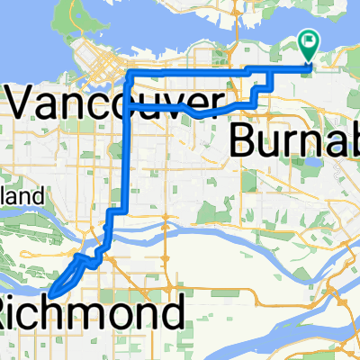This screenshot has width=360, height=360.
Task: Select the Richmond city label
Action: (x=94, y=315)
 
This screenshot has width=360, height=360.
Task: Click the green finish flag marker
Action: (x=309, y=40)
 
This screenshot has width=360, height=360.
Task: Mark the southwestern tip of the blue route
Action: (x=50, y=293)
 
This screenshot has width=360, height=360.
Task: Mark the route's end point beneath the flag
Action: (x=310, y=63)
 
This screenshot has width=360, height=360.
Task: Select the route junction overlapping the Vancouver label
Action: (x=129, y=105)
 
